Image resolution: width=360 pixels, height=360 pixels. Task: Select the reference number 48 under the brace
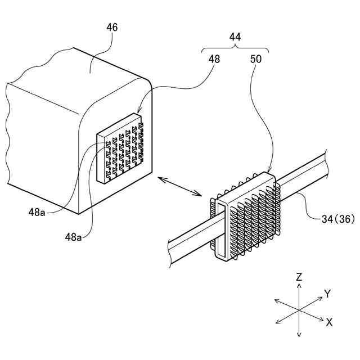pos(214,58)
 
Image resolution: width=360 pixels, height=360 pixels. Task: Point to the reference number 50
pos(256,58)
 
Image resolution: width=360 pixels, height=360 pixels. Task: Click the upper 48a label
pos(38,213)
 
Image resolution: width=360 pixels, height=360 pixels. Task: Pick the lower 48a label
pos(73,237)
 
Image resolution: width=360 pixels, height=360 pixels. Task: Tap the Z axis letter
pos(299,277)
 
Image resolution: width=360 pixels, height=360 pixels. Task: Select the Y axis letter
pos(327,294)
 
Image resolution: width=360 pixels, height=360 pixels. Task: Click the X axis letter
pos(329,322)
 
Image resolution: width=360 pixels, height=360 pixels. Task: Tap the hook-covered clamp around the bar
pos(247,217)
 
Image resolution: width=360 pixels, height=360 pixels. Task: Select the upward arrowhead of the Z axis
pos(299,286)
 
